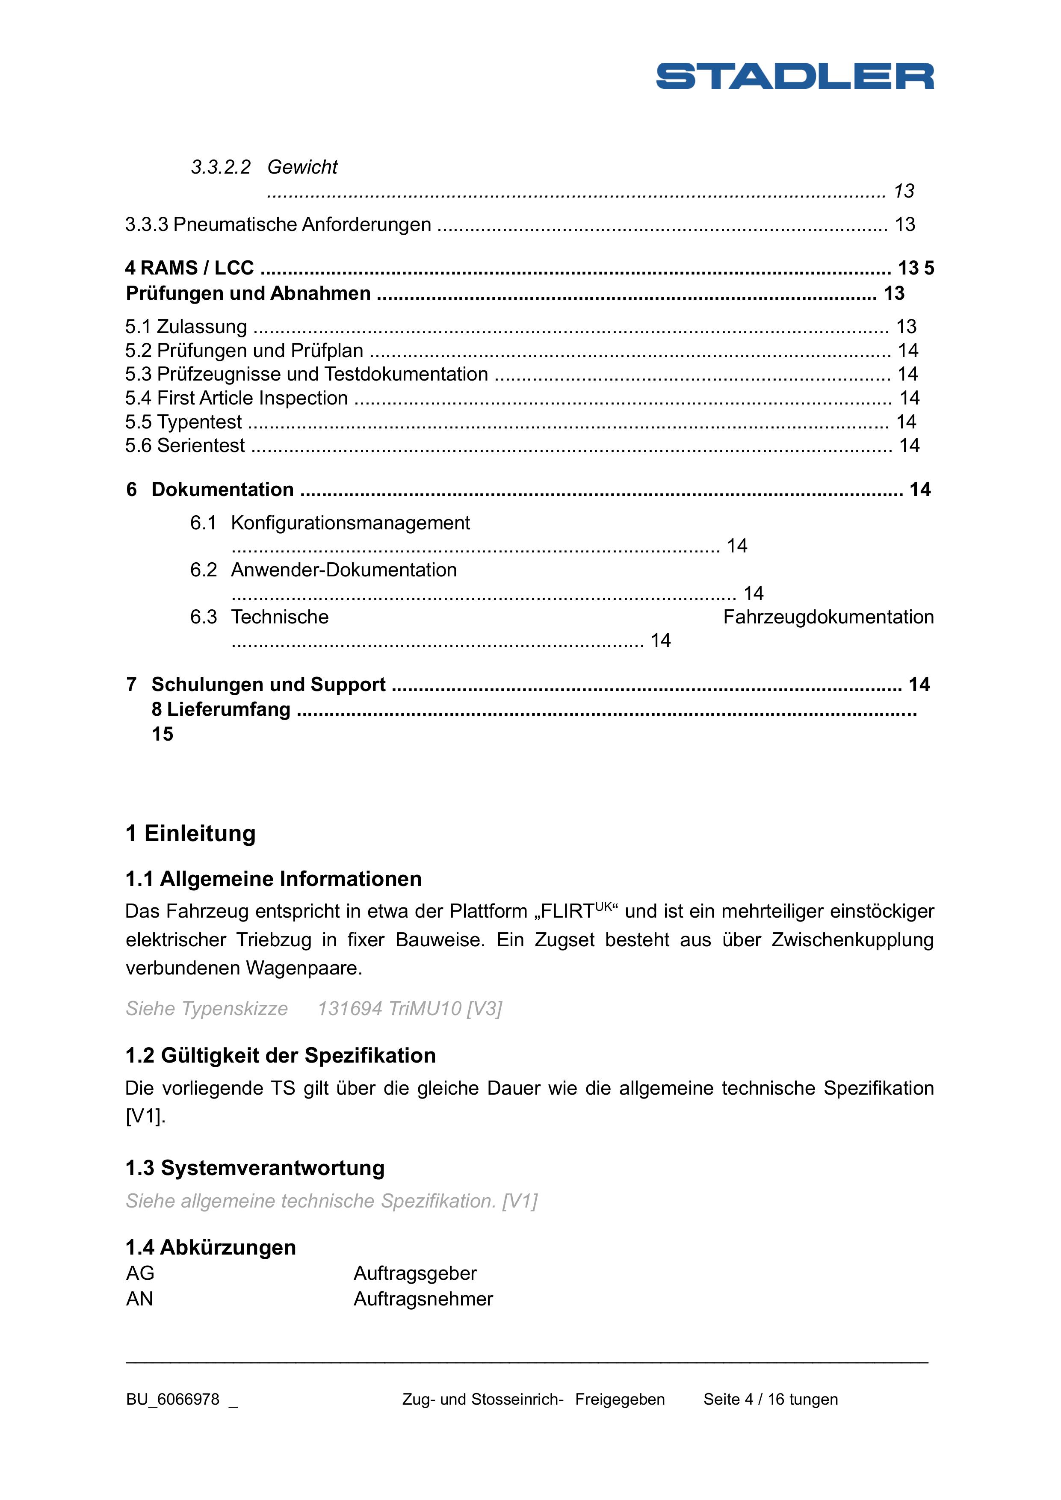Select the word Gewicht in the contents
(x=302, y=167)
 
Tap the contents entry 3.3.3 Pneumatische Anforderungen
(x=278, y=225)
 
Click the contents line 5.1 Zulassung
(x=186, y=327)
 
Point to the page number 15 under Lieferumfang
(x=163, y=734)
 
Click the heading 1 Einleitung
(x=190, y=834)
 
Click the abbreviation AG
(x=140, y=1273)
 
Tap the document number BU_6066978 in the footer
(x=172, y=1400)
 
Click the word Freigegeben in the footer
(x=620, y=1400)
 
